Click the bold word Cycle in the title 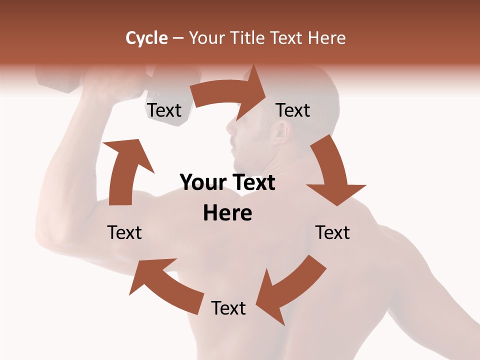(146, 38)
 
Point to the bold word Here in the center (227, 213)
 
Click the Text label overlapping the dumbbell (164, 110)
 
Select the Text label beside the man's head (293, 110)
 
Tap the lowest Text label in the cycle (228, 308)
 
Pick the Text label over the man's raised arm (124, 232)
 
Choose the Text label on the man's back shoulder (332, 232)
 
